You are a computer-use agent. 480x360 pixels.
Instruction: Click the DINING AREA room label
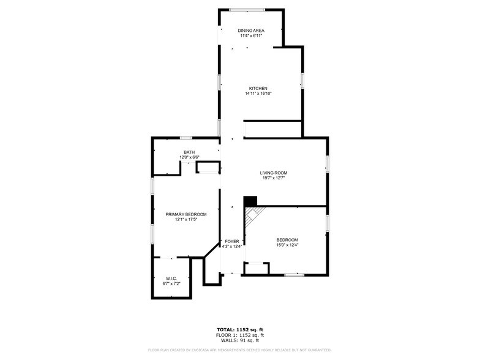pyautogui.click(x=251, y=30)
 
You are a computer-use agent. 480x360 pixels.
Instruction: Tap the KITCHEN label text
pyautogui.click(x=258, y=88)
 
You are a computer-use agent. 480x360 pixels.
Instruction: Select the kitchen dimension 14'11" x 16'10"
pyautogui.click(x=258, y=94)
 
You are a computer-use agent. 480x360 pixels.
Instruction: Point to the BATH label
pyautogui.click(x=189, y=152)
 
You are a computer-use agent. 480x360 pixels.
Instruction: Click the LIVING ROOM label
pyautogui.click(x=274, y=173)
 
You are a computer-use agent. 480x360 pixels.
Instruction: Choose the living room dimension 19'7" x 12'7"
pyautogui.click(x=274, y=178)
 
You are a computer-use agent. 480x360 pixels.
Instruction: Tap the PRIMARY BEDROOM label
pyautogui.click(x=186, y=214)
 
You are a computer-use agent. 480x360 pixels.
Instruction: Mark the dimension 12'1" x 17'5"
pyautogui.click(x=186, y=220)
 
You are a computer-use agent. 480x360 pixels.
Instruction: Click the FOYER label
pyautogui.click(x=232, y=241)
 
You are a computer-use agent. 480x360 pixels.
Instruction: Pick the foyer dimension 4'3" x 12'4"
pyautogui.click(x=232, y=247)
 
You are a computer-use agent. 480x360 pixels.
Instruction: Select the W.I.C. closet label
pyautogui.click(x=171, y=278)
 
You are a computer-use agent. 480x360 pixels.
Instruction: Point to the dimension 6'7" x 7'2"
pyautogui.click(x=171, y=283)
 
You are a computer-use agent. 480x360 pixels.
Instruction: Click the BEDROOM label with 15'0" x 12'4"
pyautogui.click(x=287, y=239)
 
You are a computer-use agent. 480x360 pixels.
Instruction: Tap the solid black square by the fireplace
pyautogui.click(x=250, y=201)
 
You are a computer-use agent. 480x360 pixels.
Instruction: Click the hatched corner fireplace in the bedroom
pyautogui.click(x=252, y=215)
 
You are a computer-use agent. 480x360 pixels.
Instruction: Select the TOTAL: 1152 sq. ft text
pyautogui.click(x=239, y=330)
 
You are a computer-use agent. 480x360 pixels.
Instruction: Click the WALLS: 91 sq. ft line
pyautogui.click(x=239, y=340)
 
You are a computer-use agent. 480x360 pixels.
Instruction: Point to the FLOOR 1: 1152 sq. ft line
pyautogui.click(x=239, y=336)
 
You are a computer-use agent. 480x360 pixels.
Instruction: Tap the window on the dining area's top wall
pyautogui.click(x=247, y=9)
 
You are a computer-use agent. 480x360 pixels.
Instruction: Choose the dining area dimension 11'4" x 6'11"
pyautogui.click(x=251, y=36)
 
